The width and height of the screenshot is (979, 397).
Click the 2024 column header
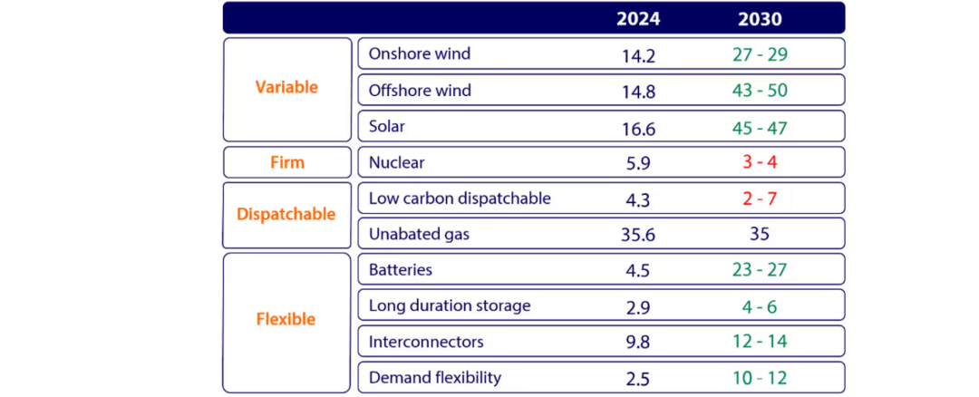[638, 19]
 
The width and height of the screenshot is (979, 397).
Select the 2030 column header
[760, 19]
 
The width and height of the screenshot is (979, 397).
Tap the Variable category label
[286, 88]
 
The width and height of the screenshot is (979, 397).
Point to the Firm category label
[286, 163]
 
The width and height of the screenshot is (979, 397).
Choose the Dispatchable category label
[286, 215]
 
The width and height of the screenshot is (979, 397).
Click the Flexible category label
[286, 320]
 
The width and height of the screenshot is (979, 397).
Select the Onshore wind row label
[420, 53]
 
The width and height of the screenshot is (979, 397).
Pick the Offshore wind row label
[420, 91]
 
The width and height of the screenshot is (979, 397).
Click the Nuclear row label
[397, 163]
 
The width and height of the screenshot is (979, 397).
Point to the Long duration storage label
[450, 305]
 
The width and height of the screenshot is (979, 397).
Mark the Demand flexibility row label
[435, 377]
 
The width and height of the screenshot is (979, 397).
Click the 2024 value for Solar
[638, 129]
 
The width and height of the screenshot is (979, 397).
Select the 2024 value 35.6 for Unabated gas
[638, 235]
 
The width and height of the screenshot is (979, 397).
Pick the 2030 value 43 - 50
[760, 92]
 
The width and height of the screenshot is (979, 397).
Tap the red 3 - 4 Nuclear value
[760, 163]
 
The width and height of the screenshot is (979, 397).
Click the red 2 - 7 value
[760, 198]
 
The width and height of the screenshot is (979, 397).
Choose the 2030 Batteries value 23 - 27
[760, 270]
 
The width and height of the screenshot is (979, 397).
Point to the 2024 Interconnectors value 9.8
[638, 343]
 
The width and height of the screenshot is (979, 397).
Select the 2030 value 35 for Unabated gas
[760, 235]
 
